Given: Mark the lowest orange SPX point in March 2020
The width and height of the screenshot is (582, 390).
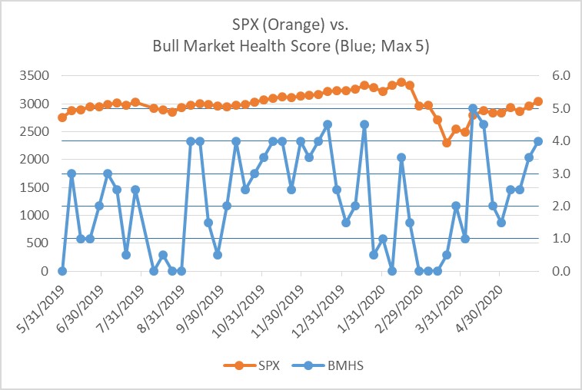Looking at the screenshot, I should click(x=446, y=143).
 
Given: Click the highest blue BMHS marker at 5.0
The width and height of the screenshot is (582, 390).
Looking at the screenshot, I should click(x=473, y=108).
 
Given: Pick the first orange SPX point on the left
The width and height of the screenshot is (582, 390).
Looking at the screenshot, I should click(x=62, y=117).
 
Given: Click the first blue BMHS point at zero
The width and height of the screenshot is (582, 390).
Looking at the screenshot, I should click(x=62, y=271).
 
